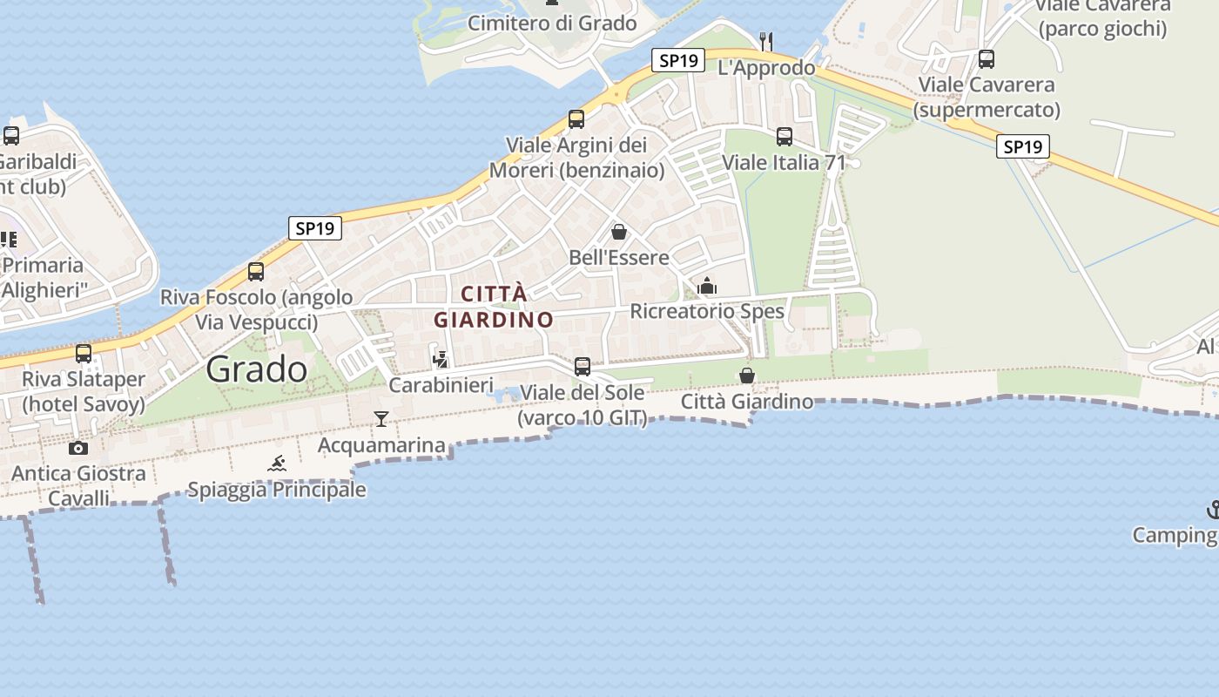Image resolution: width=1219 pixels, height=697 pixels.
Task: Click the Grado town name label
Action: (x=257, y=369)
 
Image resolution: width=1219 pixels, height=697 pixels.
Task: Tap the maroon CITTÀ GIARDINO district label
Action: (x=494, y=307)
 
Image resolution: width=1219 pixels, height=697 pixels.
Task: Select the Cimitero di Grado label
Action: (x=552, y=23)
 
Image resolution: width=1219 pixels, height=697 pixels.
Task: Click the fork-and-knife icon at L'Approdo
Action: (x=766, y=40)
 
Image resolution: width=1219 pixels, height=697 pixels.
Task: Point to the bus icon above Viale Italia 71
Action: (x=785, y=137)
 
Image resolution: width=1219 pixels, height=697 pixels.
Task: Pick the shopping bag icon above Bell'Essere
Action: (x=619, y=232)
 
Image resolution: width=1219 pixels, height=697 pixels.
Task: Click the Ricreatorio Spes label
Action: (x=707, y=311)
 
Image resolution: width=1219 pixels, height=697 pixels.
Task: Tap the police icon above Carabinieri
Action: (x=441, y=359)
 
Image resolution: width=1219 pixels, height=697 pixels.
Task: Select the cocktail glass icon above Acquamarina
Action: (x=381, y=419)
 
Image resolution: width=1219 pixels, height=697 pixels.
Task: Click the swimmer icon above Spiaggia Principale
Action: (x=277, y=464)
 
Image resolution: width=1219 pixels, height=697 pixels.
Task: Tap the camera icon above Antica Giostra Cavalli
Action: (x=78, y=448)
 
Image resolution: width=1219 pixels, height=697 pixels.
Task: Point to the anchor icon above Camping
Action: (x=1212, y=509)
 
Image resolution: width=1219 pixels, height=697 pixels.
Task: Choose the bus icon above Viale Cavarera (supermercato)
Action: (x=987, y=59)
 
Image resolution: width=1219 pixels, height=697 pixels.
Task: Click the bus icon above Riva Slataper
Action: (x=84, y=354)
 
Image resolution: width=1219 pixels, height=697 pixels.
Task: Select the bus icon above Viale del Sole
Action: (x=583, y=367)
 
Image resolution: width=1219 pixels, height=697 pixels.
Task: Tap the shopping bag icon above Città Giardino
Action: (x=747, y=376)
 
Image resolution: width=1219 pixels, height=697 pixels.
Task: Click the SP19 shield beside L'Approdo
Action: (x=678, y=60)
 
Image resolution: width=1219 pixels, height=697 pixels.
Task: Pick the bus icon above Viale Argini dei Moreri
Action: (x=576, y=119)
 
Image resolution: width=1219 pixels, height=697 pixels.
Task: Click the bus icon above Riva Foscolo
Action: (x=256, y=272)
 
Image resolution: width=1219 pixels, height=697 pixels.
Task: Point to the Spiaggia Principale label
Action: (x=277, y=490)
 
